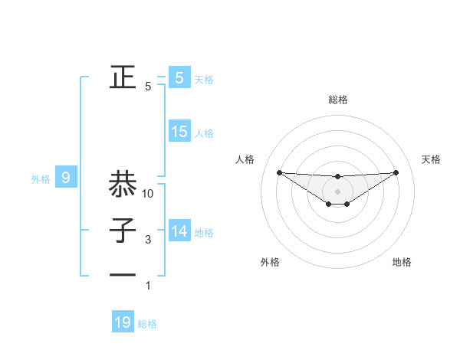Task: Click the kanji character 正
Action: (x=123, y=77)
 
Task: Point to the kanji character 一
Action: (x=123, y=274)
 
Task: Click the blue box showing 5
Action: (x=179, y=77)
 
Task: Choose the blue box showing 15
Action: (x=179, y=132)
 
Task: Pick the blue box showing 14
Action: (x=179, y=231)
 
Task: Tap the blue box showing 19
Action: (x=123, y=322)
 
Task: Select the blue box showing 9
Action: (x=66, y=178)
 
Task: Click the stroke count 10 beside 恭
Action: (x=148, y=194)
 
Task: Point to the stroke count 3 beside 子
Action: (x=148, y=240)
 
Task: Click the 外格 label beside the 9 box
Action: (x=41, y=179)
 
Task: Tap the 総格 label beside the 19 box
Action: (x=147, y=324)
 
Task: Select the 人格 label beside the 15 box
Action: (x=204, y=133)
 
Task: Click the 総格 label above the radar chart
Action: (x=337, y=100)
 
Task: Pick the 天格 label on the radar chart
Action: (x=431, y=159)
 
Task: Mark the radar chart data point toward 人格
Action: (x=279, y=172)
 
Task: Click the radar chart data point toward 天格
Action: (x=396, y=172)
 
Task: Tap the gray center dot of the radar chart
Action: (x=337, y=191)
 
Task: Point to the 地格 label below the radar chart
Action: (x=402, y=262)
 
